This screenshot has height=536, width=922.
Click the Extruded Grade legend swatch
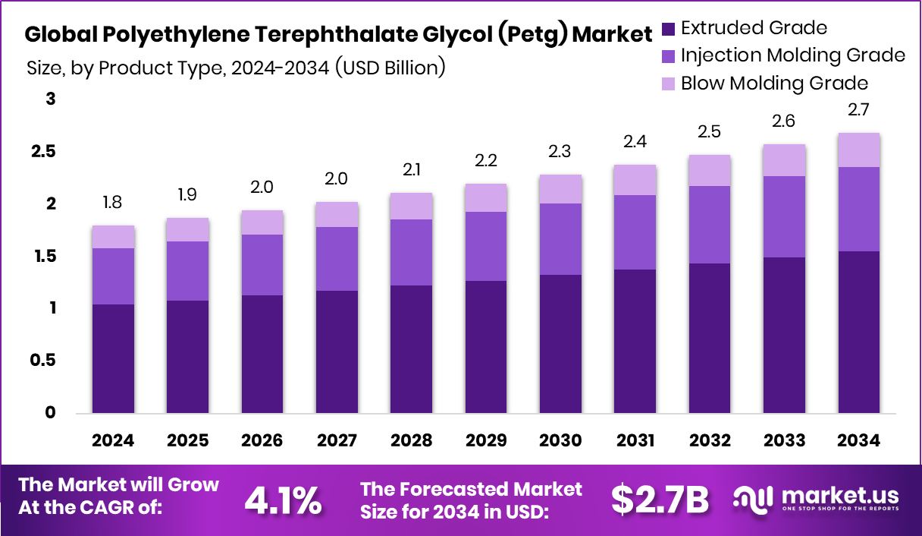click(668, 29)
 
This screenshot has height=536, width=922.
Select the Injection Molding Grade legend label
click(792, 55)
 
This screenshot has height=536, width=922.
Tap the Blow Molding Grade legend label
click(774, 83)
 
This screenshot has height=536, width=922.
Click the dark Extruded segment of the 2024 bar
click(113, 358)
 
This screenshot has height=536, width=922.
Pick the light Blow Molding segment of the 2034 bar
click(859, 150)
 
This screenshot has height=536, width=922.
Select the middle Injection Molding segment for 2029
click(486, 246)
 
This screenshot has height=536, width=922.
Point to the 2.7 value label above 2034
click(859, 111)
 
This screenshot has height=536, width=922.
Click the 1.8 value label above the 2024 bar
click(113, 203)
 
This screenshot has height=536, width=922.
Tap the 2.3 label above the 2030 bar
click(560, 152)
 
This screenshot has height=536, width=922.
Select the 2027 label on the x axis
click(337, 441)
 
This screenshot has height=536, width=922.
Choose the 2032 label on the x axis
click(710, 441)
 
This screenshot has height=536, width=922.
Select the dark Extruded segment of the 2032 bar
click(710, 338)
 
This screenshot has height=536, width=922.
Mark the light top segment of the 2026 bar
click(262, 222)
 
